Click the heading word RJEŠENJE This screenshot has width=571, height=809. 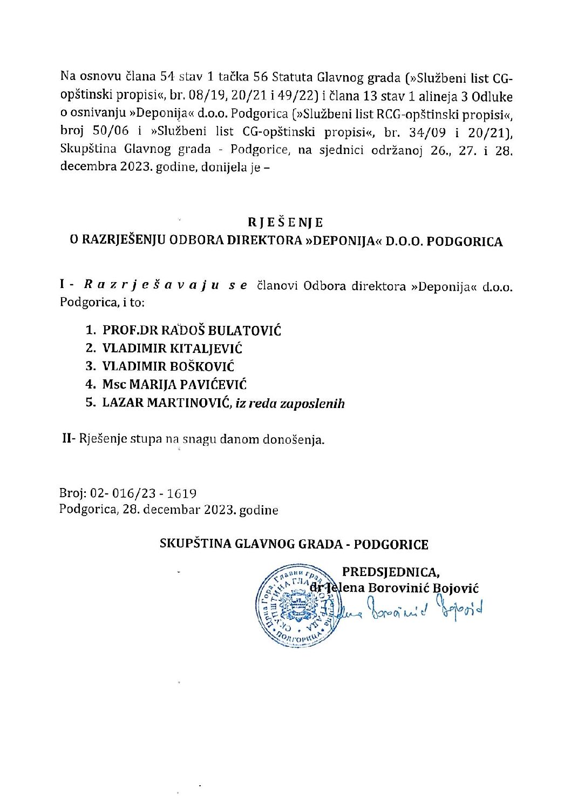tap(285, 222)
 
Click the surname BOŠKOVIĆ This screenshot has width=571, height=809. tap(202, 366)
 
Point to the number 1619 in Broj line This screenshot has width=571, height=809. tap(181, 493)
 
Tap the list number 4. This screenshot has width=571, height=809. tap(90, 385)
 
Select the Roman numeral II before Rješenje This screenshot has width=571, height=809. tap(67, 439)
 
